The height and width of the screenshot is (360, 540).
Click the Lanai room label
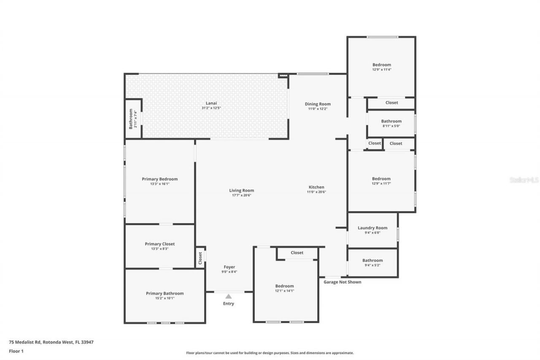211,103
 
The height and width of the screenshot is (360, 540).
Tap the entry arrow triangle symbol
228,296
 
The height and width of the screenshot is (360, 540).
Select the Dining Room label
318,104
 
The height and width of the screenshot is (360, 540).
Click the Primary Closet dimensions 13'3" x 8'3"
159,249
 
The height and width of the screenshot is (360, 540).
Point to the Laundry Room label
372,228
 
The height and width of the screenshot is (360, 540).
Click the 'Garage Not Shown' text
342,282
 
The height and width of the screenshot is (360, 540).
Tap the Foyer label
229,267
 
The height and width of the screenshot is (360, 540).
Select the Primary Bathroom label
165,293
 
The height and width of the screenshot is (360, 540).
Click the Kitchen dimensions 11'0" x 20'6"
316,192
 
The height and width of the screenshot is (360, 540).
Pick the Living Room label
241,190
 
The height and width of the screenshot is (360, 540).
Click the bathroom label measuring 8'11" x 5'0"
391,121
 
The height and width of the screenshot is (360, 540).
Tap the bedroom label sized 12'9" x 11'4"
381,65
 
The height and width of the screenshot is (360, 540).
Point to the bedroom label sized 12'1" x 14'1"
284,286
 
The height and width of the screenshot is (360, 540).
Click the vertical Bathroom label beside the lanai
131,119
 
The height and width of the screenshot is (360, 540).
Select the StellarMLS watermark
524,180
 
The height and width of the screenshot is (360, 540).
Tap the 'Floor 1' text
16,351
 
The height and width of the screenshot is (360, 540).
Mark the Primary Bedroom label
159,179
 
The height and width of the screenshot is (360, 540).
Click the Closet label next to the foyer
200,258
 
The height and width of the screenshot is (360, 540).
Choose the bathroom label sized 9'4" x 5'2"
372,260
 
